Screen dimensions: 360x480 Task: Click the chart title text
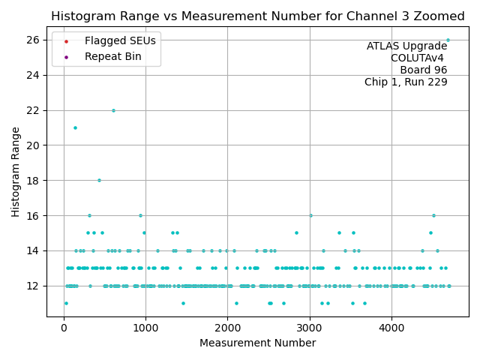click(258, 16)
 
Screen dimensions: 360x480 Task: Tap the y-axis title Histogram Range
click(16, 172)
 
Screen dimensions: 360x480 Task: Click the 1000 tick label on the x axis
click(145, 327)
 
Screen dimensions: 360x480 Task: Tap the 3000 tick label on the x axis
click(309, 327)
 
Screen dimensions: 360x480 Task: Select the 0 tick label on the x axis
click(64, 327)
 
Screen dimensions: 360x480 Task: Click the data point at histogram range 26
click(448, 40)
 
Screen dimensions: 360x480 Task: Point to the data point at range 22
click(113, 110)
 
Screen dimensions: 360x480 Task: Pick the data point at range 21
click(75, 127)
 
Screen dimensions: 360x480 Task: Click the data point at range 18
click(99, 180)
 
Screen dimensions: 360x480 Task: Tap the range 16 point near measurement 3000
click(310, 215)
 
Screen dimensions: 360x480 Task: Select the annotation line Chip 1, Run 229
click(406, 82)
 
